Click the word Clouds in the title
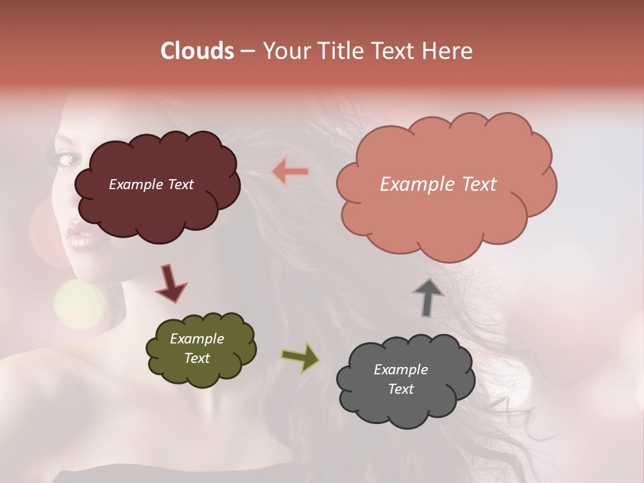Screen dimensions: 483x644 pyautogui.click(x=197, y=51)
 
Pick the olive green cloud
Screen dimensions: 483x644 pyautogui.click(x=201, y=372)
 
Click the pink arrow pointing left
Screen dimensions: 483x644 pyautogui.click(x=290, y=172)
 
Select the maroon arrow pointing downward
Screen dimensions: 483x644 pyautogui.click(x=170, y=283)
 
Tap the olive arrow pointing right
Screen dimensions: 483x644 pyautogui.click(x=301, y=357)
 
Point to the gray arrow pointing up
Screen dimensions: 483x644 pyautogui.click(x=427, y=298)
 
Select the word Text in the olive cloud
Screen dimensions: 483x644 pyautogui.click(x=197, y=358)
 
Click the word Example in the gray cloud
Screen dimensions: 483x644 pyautogui.click(x=400, y=370)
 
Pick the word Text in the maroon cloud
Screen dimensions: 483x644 pyautogui.click(x=180, y=184)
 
